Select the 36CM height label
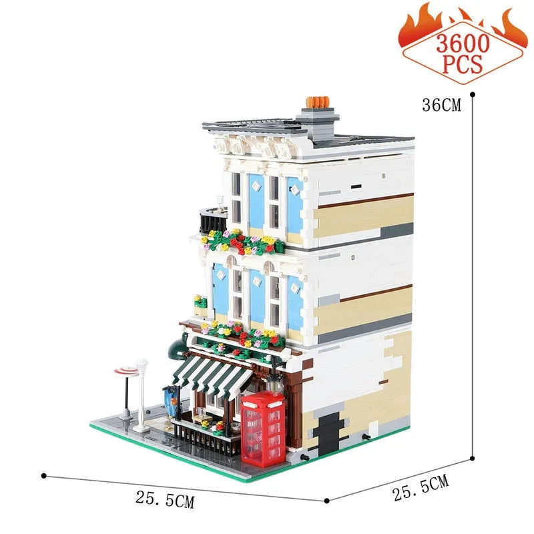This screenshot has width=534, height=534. [442, 105]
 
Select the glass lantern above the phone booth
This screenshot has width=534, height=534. [272, 384]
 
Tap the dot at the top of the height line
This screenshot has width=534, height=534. [472, 95]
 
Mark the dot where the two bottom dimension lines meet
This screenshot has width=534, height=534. [326, 501]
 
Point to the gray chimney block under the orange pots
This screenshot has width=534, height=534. [318, 120]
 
